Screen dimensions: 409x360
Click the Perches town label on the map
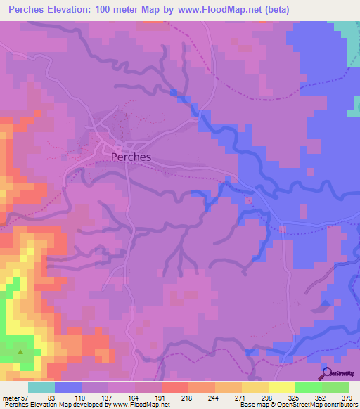[x=131, y=157]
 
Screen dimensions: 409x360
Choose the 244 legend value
[x=215, y=398]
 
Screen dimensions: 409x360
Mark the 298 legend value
[x=268, y=398]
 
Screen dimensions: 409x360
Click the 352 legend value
[x=321, y=398]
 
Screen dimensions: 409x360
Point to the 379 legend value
[x=347, y=398]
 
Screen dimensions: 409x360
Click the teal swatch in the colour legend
[x=41, y=387]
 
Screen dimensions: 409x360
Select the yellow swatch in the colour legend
[x=281, y=387]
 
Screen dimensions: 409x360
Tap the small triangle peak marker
[x=20, y=352]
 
